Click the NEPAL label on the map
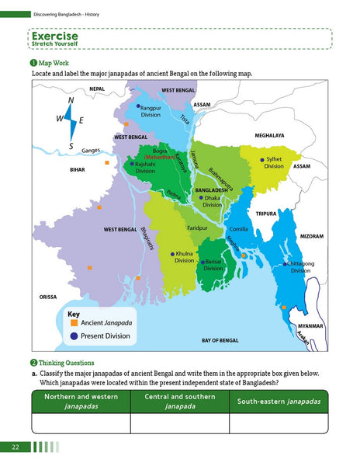(x=96, y=89)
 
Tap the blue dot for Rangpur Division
(x=139, y=106)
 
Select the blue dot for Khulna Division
(x=172, y=254)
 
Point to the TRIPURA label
(x=267, y=213)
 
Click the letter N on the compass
(x=71, y=101)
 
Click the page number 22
(x=16, y=447)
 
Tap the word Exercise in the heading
(x=54, y=36)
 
